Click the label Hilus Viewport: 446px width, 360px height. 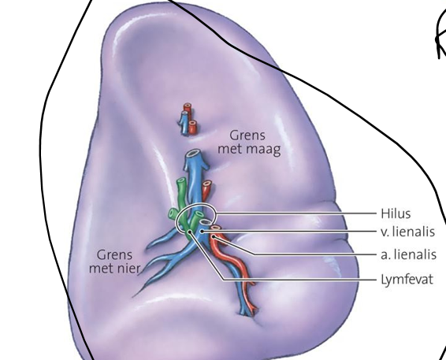pyautogui.click(x=396, y=213)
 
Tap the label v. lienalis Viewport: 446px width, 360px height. pyautogui.click(x=407, y=232)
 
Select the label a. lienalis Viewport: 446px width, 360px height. pyautogui.click(x=408, y=254)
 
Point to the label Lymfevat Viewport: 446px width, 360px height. pyautogui.click(x=407, y=280)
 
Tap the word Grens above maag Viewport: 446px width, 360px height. pyautogui.click(x=247, y=135)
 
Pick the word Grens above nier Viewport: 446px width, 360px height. pyautogui.click(x=114, y=254)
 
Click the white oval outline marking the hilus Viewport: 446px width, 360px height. pyautogui.click(x=195, y=203)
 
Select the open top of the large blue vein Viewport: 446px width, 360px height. pyautogui.click(x=193, y=154)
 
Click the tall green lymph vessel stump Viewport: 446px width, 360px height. pyautogui.click(x=182, y=199)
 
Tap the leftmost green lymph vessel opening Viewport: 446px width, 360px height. pyautogui.click(x=173, y=213)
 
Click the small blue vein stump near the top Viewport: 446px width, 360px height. pyautogui.click(x=185, y=122)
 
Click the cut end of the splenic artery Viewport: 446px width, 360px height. pyautogui.click(x=216, y=227)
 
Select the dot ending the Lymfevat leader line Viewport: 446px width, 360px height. pyautogui.click(x=189, y=233)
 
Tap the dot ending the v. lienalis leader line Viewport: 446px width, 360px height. pyautogui.click(x=202, y=232)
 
